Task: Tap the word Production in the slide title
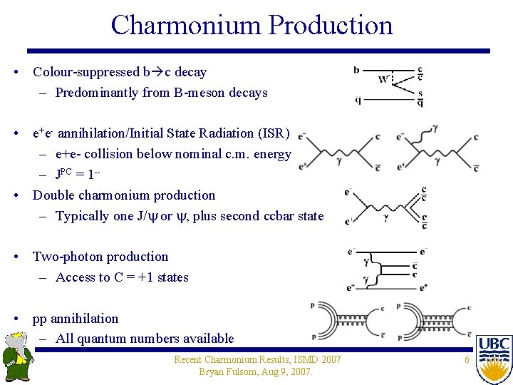(x=328, y=25)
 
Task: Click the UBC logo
(x=494, y=356)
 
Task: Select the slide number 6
(x=467, y=360)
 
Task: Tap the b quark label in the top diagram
(x=356, y=70)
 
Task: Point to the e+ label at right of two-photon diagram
(x=423, y=287)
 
